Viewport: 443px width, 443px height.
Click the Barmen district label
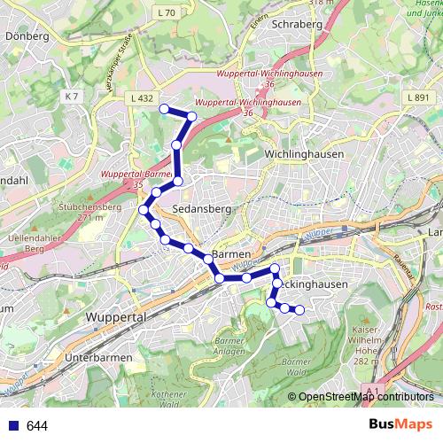click(x=234, y=252)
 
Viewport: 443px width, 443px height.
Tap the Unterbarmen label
click(x=98, y=357)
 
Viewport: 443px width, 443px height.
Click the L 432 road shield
click(x=141, y=98)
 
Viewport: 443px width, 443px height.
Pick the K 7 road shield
click(x=72, y=96)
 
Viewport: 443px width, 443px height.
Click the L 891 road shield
click(x=419, y=97)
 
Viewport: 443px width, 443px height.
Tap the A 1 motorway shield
click(x=371, y=391)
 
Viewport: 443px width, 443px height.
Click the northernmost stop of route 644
click(x=163, y=109)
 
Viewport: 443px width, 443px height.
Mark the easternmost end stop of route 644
click(x=299, y=309)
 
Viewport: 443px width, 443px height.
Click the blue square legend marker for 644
click(x=12, y=425)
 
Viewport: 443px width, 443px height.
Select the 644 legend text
click(x=37, y=425)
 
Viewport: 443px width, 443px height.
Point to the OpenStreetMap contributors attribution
click(x=365, y=397)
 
